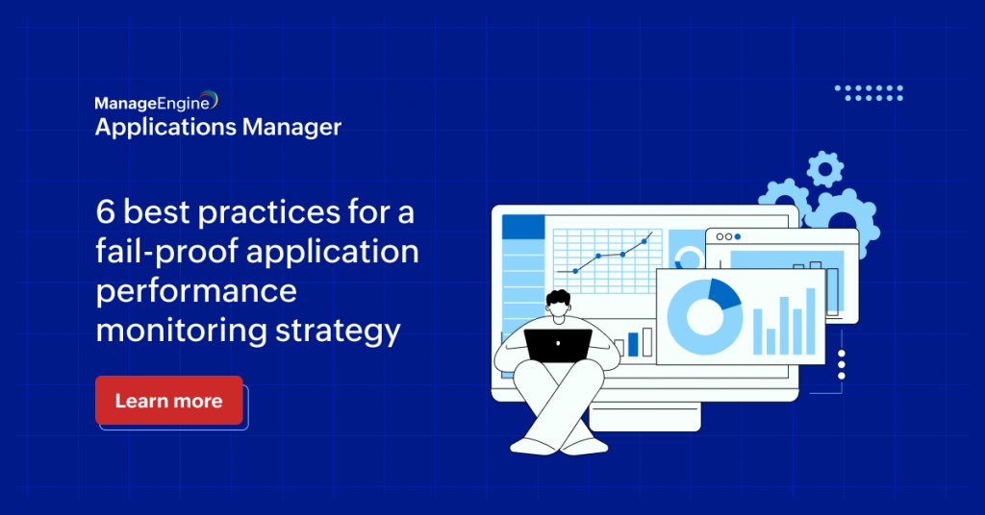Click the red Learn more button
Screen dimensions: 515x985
click(x=168, y=401)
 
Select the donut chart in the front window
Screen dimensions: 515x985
click(x=703, y=317)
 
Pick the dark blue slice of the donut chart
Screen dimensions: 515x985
click(x=724, y=293)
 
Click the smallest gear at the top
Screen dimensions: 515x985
click(x=823, y=169)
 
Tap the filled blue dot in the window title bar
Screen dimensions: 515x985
click(x=738, y=236)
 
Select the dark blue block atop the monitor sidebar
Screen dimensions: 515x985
click(x=523, y=227)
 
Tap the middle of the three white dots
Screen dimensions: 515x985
click(x=842, y=365)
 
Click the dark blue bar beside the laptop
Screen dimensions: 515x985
click(x=633, y=344)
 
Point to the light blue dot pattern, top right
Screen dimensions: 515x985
click(x=869, y=92)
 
